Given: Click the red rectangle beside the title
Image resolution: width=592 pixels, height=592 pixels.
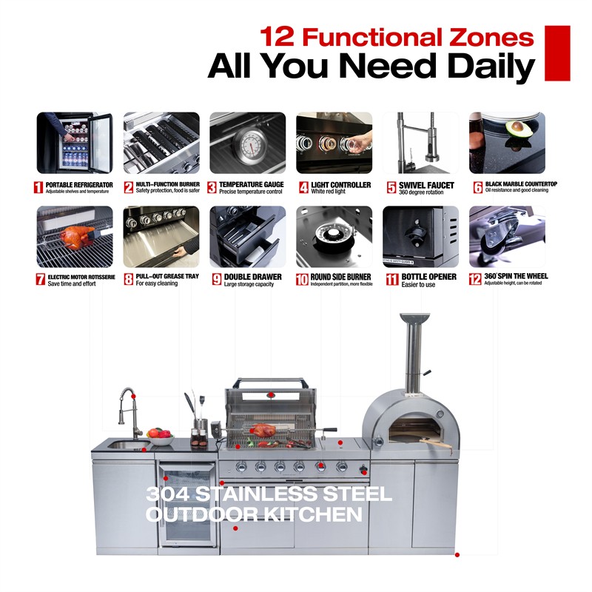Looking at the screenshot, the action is click(x=557, y=53).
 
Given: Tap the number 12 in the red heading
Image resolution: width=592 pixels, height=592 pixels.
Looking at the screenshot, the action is click(x=277, y=36).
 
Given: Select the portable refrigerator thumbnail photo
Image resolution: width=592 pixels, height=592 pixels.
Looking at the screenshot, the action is click(x=75, y=143).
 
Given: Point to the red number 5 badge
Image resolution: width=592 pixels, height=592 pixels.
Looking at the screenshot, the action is click(x=391, y=187).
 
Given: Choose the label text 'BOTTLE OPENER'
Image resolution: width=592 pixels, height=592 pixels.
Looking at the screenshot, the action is click(x=429, y=277).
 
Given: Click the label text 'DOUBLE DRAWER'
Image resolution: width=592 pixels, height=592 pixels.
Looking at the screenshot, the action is click(x=252, y=277).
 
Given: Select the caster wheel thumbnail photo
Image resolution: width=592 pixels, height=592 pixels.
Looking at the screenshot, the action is click(x=507, y=236).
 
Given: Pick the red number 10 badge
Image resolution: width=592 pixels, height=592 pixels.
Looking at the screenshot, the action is click(x=302, y=280).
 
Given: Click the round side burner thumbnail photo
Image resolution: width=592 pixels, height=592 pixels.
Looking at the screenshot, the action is click(x=334, y=236).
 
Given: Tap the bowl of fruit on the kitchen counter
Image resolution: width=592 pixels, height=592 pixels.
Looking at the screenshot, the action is click(x=161, y=437).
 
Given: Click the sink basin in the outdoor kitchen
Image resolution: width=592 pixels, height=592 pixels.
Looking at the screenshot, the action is click(x=128, y=445).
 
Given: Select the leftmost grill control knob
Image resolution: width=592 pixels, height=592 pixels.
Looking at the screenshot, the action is click(x=241, y=467).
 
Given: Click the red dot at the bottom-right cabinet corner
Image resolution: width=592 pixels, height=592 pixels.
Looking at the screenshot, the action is click(x=457, y=554).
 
